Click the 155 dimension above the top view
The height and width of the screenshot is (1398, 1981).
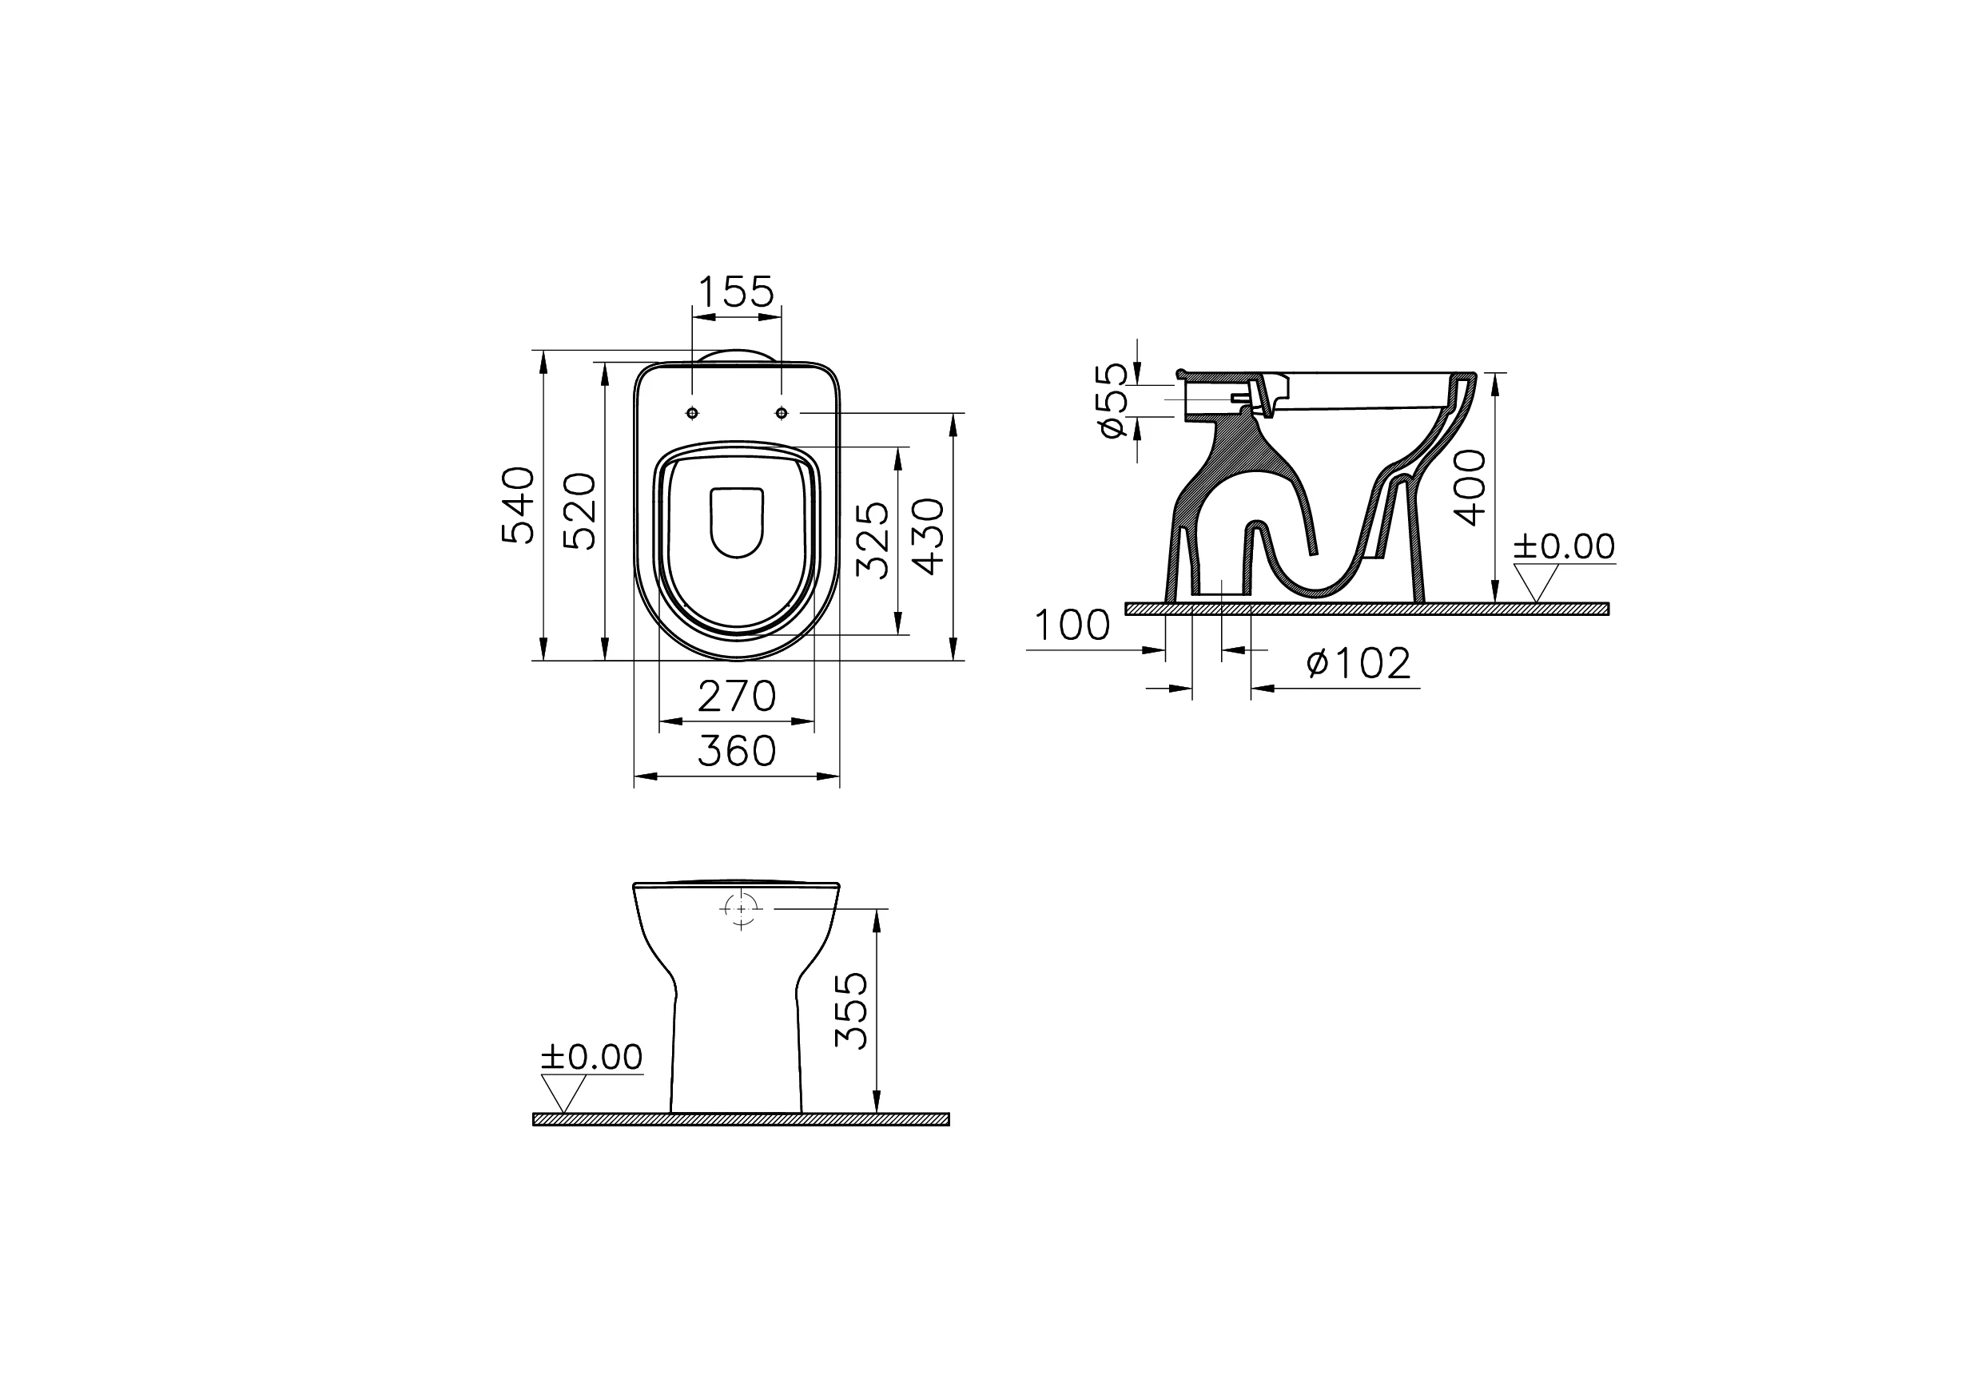coord(736,292)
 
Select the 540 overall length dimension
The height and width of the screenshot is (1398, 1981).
coord(519,506)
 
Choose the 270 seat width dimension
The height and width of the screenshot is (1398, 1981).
coord(736,697)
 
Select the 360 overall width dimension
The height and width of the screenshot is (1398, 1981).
coord(736,752)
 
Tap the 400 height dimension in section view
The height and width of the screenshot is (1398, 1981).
coord(1471,487)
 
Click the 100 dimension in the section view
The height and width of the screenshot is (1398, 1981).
coord(1071,626)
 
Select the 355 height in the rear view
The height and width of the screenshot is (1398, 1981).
coord(852,1011)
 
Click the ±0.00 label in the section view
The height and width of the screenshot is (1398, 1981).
coord(1565,546)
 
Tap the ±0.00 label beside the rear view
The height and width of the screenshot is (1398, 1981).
coord(591,1058)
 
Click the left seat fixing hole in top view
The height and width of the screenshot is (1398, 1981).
coord(692,413)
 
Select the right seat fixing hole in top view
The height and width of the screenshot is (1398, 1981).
coord(782,413)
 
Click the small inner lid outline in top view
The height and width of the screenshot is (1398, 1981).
coord(737,522)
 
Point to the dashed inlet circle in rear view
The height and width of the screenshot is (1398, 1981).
coord(740,909)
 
